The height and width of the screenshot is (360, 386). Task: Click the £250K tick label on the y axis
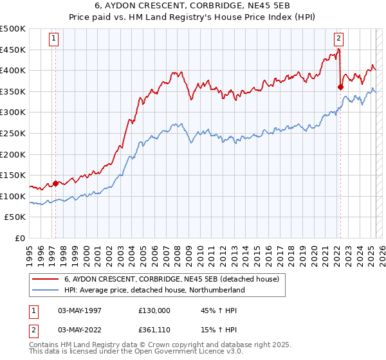click(13, 134)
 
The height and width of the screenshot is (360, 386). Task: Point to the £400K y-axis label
click(13, 71)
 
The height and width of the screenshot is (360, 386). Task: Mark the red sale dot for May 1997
click(55, 183)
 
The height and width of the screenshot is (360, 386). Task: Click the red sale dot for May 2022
click(340, 87)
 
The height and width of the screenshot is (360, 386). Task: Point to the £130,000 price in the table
click(154, 310)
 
